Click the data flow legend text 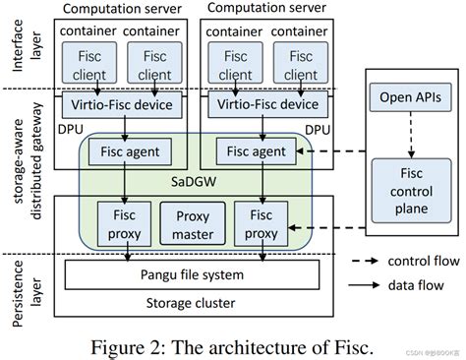pyautogui.click(x=419, y=282)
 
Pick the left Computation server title pyautogui.click(x=125, y=9)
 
